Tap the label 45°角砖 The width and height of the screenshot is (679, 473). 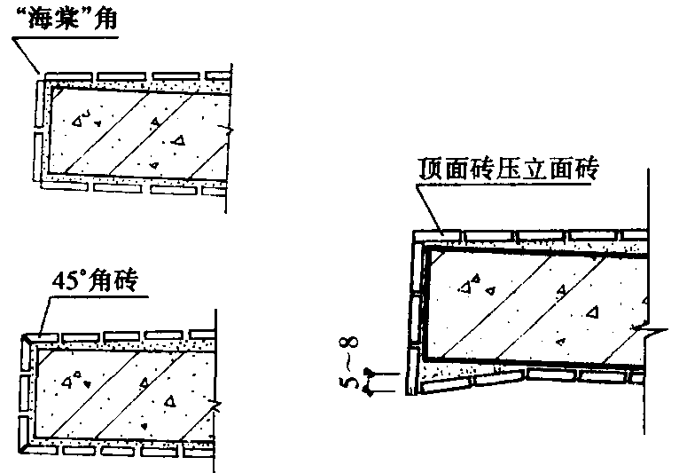click(x=95, y=281)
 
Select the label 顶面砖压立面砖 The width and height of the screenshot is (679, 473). click(x=509, y=169)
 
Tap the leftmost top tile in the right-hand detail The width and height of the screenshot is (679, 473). click(x=437, y=237)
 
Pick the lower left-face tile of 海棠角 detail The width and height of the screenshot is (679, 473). click(x=38, y=156)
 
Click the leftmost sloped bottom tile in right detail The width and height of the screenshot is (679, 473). click(x=445, y=385)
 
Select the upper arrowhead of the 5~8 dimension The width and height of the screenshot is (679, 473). click(x=369, y=372)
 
